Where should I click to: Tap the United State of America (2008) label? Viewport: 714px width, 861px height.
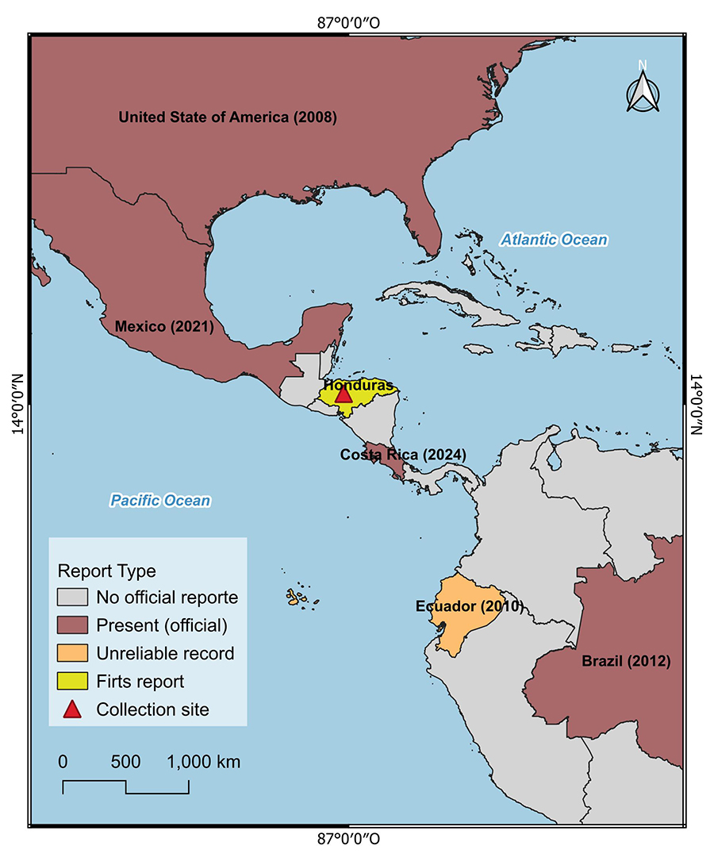click(228, 117)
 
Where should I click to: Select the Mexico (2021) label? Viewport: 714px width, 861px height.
click(163, 326)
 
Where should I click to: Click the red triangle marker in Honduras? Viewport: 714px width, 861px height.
click(343, 394)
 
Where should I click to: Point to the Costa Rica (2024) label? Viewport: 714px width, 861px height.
click(402, 455)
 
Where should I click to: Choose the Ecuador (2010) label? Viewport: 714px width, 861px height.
click(469, 606)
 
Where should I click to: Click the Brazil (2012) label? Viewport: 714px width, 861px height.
click(626, 661)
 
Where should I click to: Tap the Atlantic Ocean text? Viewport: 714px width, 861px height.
click(554, 240)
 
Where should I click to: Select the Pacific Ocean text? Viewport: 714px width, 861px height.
click(160, 500)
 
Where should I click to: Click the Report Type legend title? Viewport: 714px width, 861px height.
click(106, 571)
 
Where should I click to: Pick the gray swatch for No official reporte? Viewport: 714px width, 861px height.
click(72, 597)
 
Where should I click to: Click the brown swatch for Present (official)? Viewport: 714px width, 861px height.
click(72, 625)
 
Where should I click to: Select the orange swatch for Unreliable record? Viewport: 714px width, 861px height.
click(72, 653)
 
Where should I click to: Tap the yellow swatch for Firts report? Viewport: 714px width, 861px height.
click(72, 681)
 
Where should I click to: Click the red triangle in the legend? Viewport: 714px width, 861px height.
click(72, 709)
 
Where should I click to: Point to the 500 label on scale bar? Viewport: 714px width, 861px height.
click(125, 762)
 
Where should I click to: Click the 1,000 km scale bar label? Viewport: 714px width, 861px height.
click(203, 762)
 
